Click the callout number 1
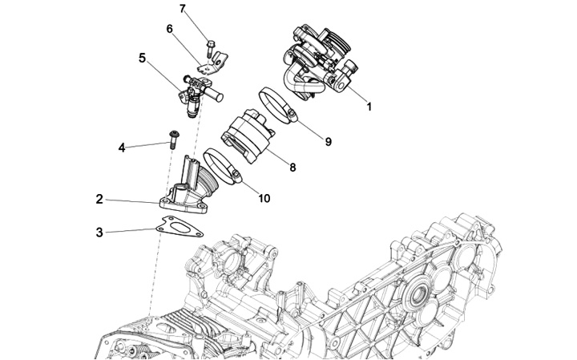pyautogui.click(x=369, y=106)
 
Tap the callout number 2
pyautogui.click(x=99, y=199)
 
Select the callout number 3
pyautogui.click(x=99, y=233)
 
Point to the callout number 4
pyautogui.click(x=122, y=147)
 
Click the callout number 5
pyautogui.click(x=142, y=58)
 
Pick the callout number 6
pyautogui.click(x=169, y=29)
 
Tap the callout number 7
pyautogui.click(x=182, y=9)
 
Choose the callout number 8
pyautogui.click(x=293, y=168)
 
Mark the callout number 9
pyautogui.click(x=328, y=141)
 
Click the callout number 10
pyautogui.click(x=264, y=198)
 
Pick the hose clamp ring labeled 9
pyautogui.click(x=279, y=106)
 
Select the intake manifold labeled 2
pyautogui.click(x=192, y=192)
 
